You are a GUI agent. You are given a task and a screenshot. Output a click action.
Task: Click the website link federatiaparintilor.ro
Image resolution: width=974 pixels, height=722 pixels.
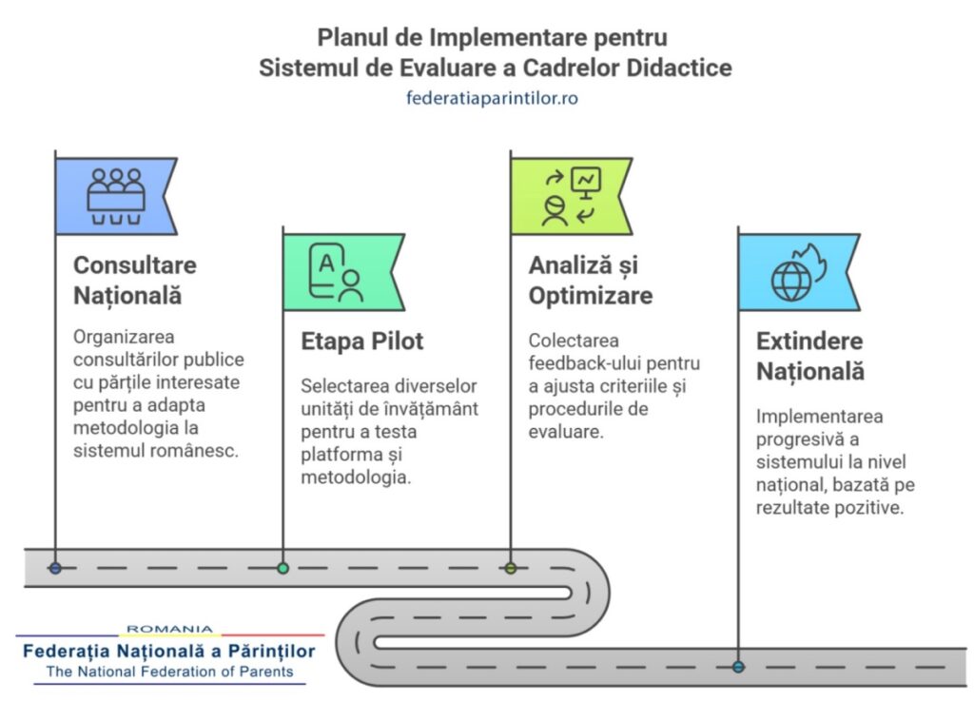492,97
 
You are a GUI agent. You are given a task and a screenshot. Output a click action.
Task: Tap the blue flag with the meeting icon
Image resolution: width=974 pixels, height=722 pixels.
115,196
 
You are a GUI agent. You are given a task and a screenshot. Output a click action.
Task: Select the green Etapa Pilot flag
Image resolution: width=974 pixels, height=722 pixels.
341,271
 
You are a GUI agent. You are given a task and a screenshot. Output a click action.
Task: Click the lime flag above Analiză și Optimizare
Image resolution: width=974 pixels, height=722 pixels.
570,196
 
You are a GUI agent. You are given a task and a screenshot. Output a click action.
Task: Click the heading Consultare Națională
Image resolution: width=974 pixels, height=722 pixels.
135,280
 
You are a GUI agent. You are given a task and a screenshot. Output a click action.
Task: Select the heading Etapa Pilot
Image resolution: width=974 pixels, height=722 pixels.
362,341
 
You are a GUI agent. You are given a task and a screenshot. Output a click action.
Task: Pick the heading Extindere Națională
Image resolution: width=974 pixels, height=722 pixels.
810,356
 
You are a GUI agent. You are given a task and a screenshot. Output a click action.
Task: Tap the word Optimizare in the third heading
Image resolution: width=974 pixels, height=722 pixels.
591,295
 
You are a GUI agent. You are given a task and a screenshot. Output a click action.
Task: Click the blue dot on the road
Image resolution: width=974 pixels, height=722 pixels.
55,568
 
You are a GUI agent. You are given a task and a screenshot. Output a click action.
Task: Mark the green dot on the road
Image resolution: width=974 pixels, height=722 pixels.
282,568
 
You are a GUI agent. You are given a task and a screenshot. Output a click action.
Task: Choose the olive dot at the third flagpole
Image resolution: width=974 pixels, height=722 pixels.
511,568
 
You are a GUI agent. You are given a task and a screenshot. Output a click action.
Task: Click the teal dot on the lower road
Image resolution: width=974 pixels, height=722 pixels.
738,667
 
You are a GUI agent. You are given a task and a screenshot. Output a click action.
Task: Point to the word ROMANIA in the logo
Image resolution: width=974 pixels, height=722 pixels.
170,629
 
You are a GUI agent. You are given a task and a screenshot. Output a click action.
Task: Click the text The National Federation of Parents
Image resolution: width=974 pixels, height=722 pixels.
170,672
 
